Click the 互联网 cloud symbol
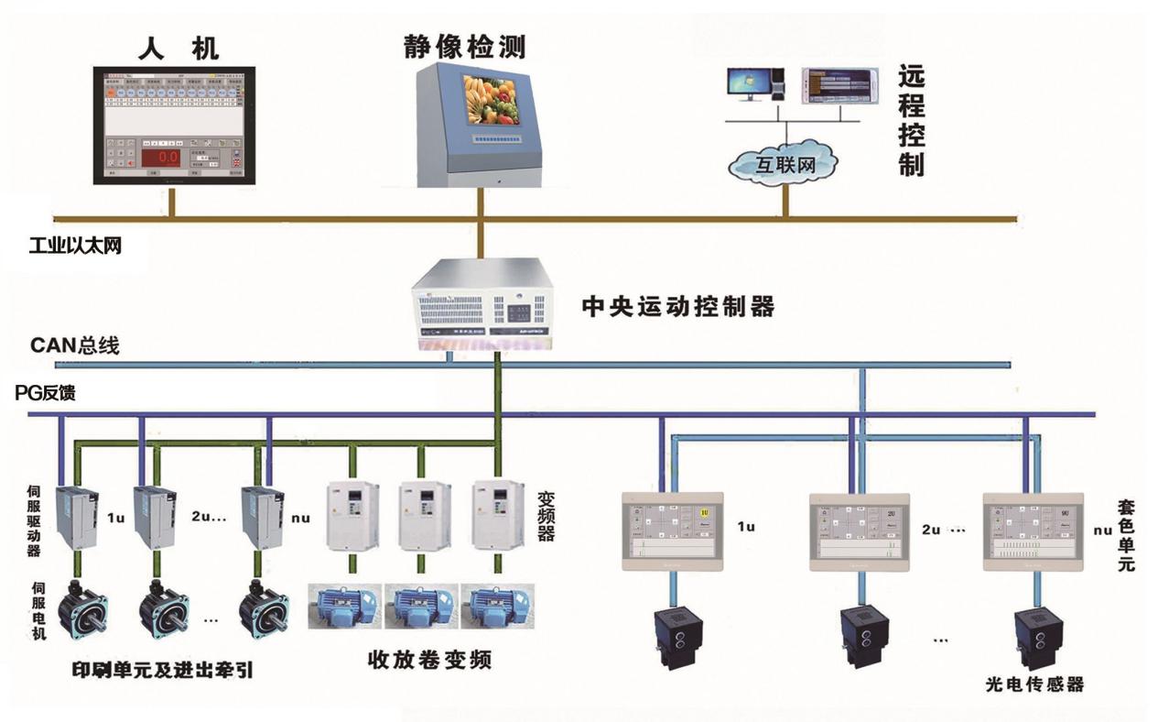tap(784, 166)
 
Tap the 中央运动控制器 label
tap(678, 306)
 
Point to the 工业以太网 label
tap(75, 246)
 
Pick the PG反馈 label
tap(46, 393)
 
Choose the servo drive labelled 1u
tap(76, 518)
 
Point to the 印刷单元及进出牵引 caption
tap(163, 670)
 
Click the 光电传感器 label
tap(1034, 684)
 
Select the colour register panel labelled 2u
tap(858, 529)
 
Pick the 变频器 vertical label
tap(546, 515)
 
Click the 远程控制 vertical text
tap(912, 120)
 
